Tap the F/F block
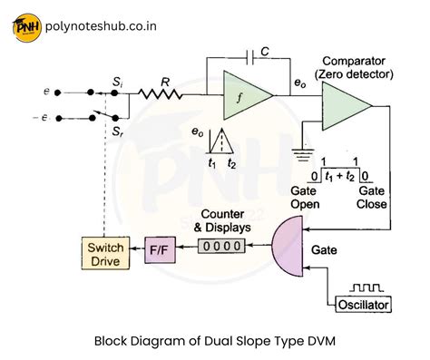161,248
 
